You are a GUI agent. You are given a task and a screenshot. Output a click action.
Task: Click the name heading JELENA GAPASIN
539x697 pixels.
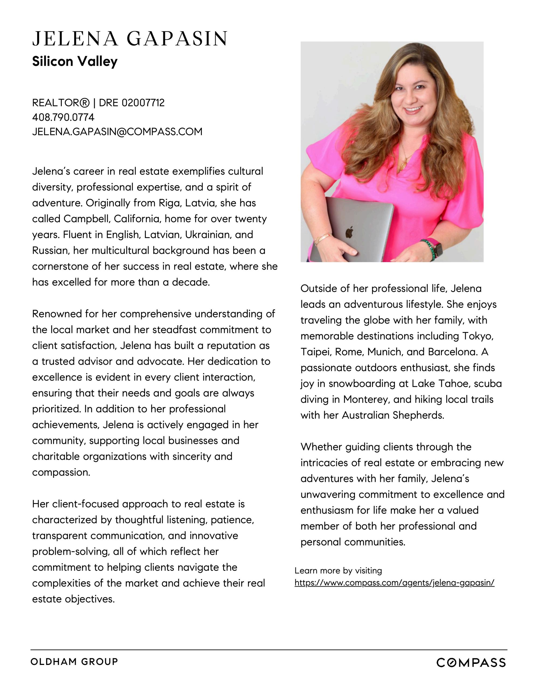coord(130,39)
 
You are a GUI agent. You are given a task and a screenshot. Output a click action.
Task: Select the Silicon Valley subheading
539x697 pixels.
coord(75,61)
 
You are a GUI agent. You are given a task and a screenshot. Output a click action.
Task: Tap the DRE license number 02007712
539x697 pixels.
coord(143,103)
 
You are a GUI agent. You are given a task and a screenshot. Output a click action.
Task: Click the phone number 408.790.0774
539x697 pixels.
coord(63,117)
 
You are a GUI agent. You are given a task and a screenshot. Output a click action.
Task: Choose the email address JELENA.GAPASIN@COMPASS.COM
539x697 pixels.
coord(117,131)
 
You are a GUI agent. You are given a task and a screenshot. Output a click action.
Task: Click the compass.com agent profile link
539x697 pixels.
coord(394,583)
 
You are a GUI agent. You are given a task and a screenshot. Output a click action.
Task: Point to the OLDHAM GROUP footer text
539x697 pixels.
coord(74,661)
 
